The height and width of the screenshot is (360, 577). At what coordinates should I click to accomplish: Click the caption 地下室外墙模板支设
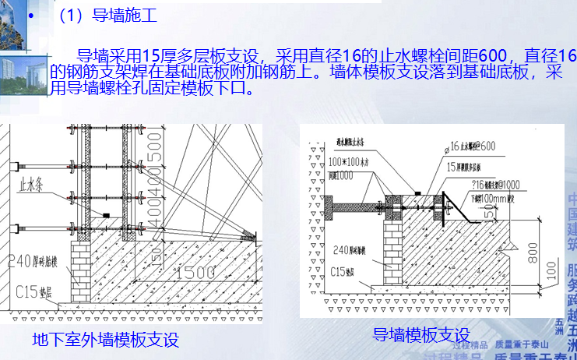[x=105, y=340]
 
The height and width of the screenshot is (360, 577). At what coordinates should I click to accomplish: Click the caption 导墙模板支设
[x=420, y=336]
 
